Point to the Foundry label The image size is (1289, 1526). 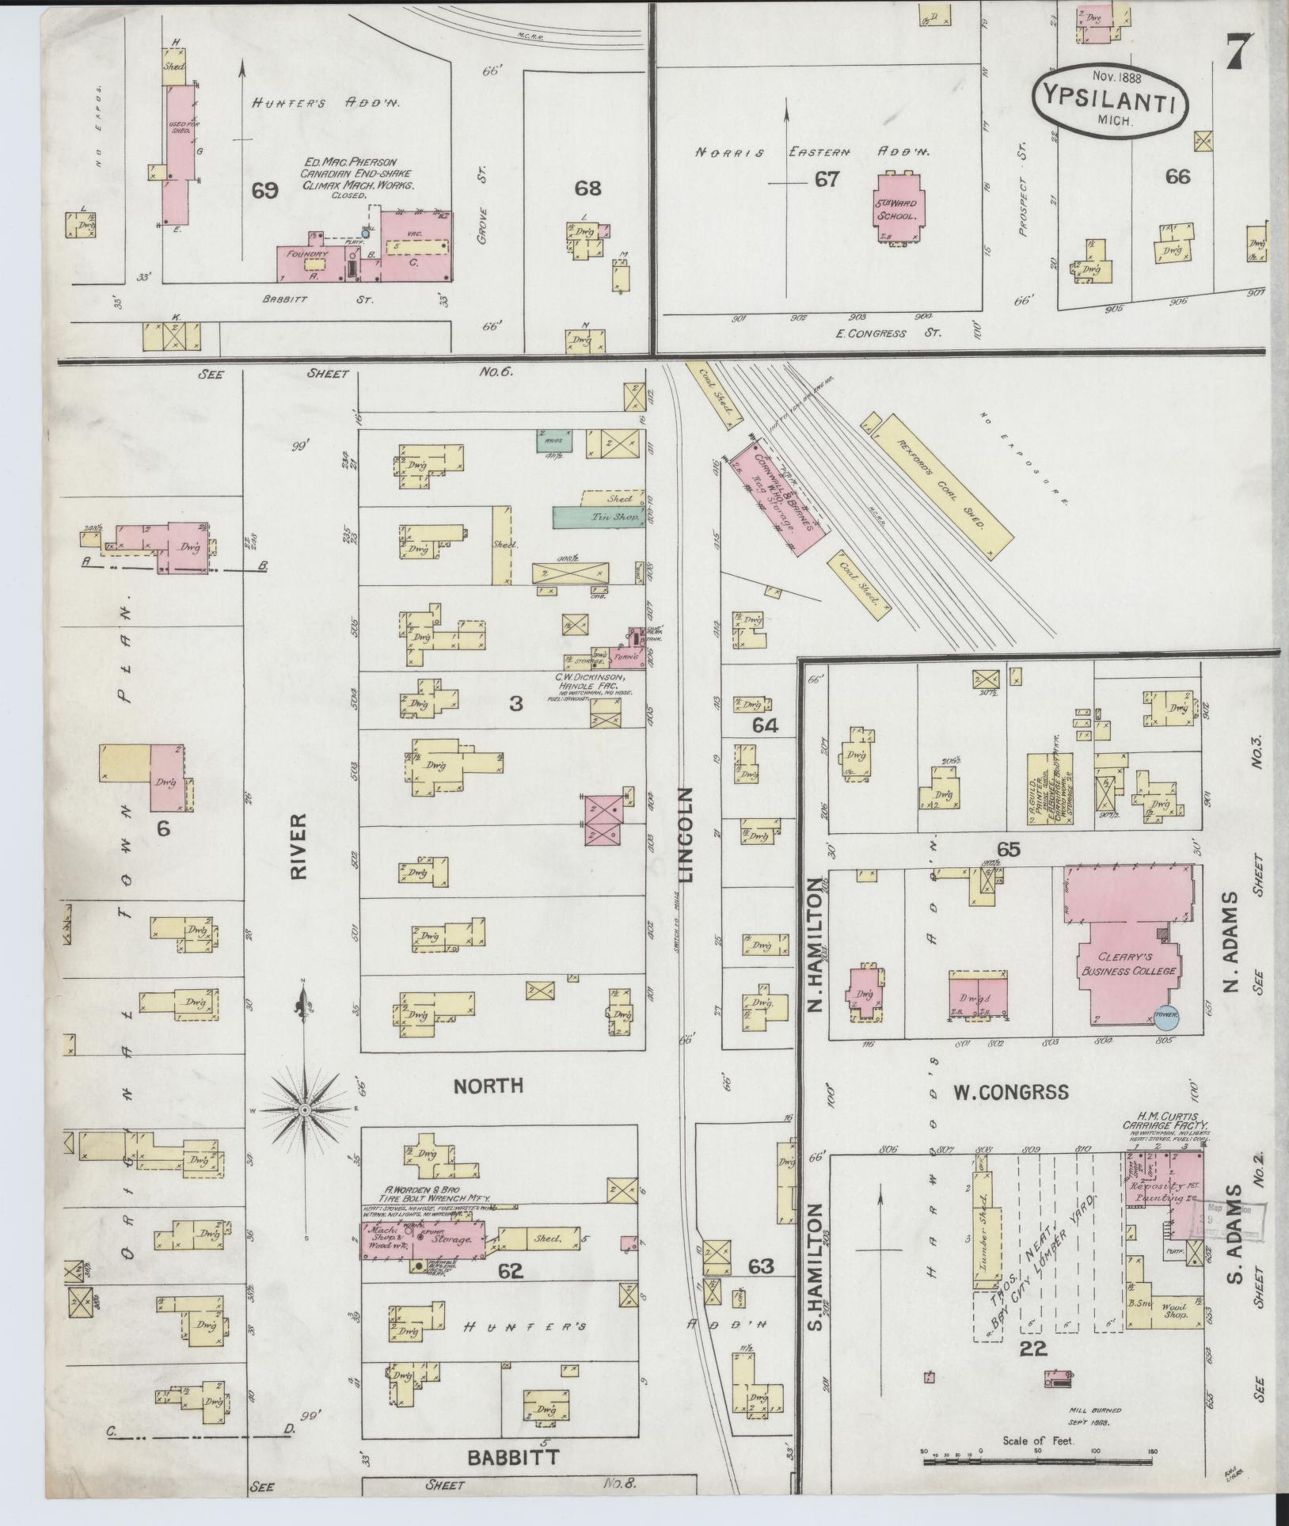[307, 253]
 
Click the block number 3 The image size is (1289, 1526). [515, 702]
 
